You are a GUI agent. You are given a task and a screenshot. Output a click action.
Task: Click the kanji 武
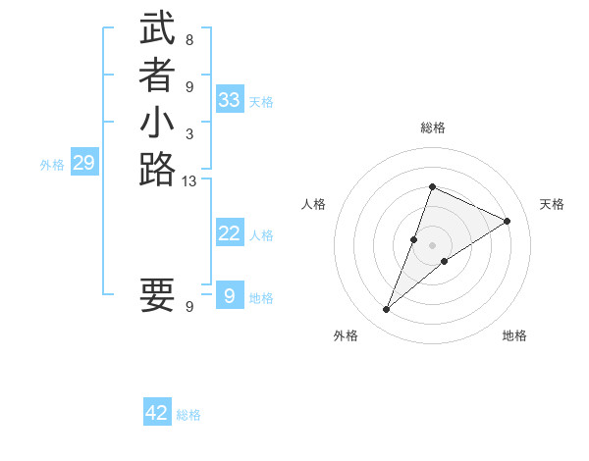157,29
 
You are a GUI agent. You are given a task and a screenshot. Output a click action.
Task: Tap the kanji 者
157,77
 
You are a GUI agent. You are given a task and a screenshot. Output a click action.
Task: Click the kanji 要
157,294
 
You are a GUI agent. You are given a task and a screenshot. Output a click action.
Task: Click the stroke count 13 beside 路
189,180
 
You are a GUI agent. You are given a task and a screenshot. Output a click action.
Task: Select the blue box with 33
230,100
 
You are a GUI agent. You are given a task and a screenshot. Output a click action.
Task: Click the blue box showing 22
230,233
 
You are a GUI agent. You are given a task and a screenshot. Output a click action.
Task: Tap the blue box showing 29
83,164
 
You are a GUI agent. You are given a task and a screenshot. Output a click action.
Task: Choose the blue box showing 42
157,413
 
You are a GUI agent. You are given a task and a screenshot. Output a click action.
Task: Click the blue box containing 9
230,295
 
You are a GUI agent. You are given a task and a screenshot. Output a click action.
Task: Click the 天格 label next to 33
261,102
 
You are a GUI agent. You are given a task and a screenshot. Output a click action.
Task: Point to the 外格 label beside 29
52,166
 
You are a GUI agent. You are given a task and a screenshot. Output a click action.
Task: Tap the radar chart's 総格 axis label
432,128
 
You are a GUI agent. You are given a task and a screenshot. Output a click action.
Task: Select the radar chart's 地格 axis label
514,335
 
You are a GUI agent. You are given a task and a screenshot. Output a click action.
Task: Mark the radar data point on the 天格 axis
507,221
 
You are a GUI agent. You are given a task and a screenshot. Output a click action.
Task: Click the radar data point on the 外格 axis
386,310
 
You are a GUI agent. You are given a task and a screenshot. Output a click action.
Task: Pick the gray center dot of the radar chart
432,245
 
